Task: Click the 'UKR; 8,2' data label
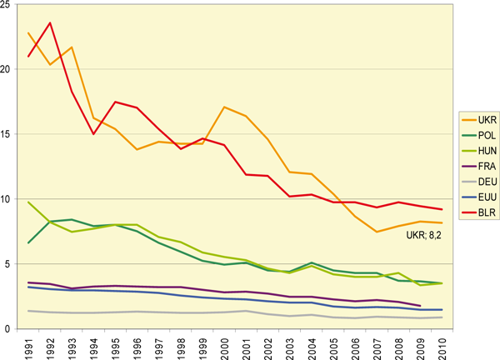tap(424, 235)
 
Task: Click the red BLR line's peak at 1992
tap(52, 23)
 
